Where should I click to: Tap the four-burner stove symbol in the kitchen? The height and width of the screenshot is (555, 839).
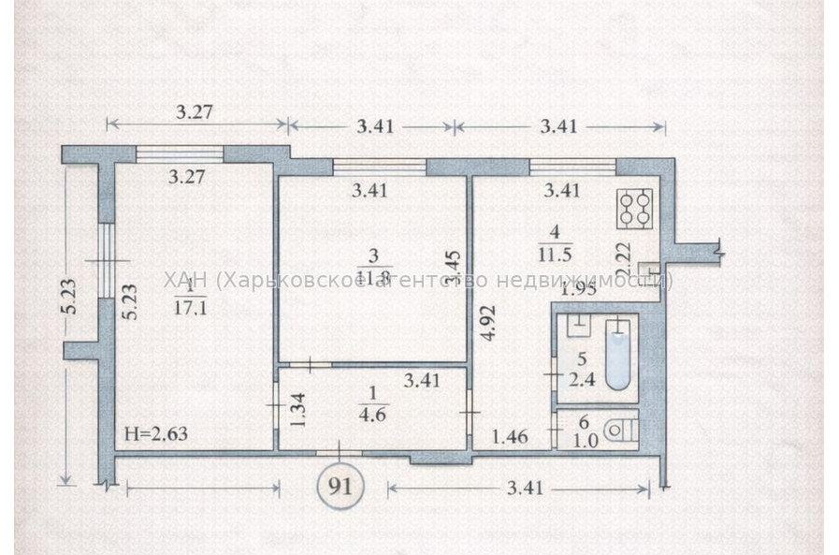tap(635, 211)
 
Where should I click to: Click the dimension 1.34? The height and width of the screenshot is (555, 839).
tap(297, 409)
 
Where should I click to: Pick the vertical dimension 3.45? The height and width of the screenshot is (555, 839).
tap(452, 267)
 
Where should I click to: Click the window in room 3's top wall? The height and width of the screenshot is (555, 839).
tap(379, 167)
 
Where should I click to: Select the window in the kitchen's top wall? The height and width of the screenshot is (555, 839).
tap(572, 167)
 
